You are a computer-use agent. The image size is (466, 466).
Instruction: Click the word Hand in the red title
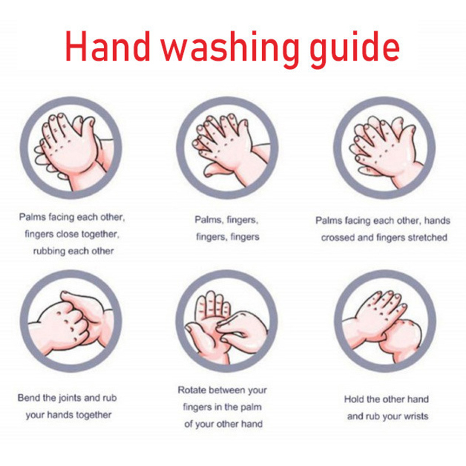point(107,47)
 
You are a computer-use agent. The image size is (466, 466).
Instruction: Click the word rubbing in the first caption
point(49,251)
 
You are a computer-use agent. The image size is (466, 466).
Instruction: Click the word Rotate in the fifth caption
point(192,390)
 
